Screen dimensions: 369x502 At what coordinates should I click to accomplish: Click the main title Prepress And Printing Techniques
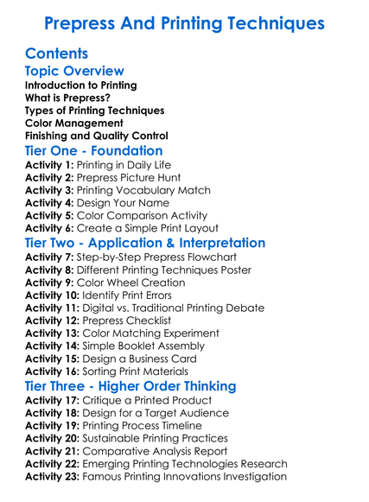184,22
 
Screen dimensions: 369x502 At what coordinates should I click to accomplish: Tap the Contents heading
57,54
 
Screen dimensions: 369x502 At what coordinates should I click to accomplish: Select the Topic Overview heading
74,71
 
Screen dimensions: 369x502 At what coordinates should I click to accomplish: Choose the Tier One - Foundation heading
94,151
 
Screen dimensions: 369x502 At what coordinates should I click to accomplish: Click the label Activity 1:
49,165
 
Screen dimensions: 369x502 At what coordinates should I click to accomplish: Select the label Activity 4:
49,203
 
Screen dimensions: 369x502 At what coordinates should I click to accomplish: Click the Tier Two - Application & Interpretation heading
145,243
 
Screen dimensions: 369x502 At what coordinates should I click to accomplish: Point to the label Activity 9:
49,283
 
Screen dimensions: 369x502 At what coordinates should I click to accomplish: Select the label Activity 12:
53,321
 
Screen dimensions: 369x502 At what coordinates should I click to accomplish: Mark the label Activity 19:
53,425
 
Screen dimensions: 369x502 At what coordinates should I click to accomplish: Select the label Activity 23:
53,476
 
